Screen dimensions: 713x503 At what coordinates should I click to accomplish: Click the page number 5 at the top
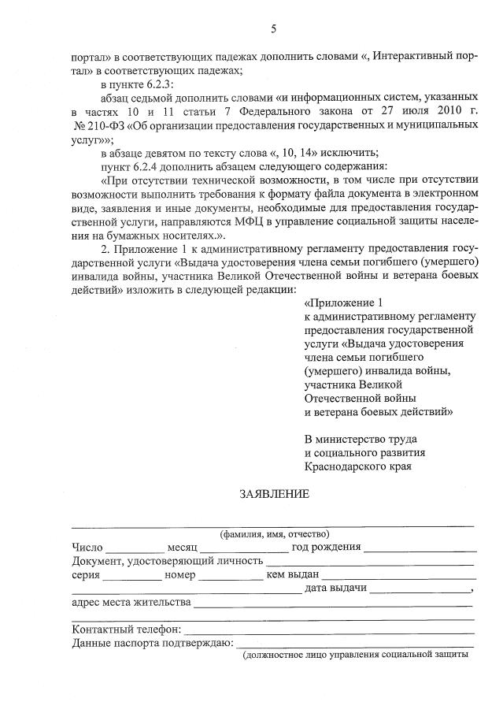tap(273, 29)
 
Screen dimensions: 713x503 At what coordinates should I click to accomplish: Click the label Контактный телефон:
tap(127, 630)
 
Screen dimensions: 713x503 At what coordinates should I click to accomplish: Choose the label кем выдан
tap(292, 574)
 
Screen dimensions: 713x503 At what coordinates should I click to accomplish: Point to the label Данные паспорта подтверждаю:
tap(152, 644)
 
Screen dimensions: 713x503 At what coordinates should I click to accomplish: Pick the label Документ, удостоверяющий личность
tap(166, 562)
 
